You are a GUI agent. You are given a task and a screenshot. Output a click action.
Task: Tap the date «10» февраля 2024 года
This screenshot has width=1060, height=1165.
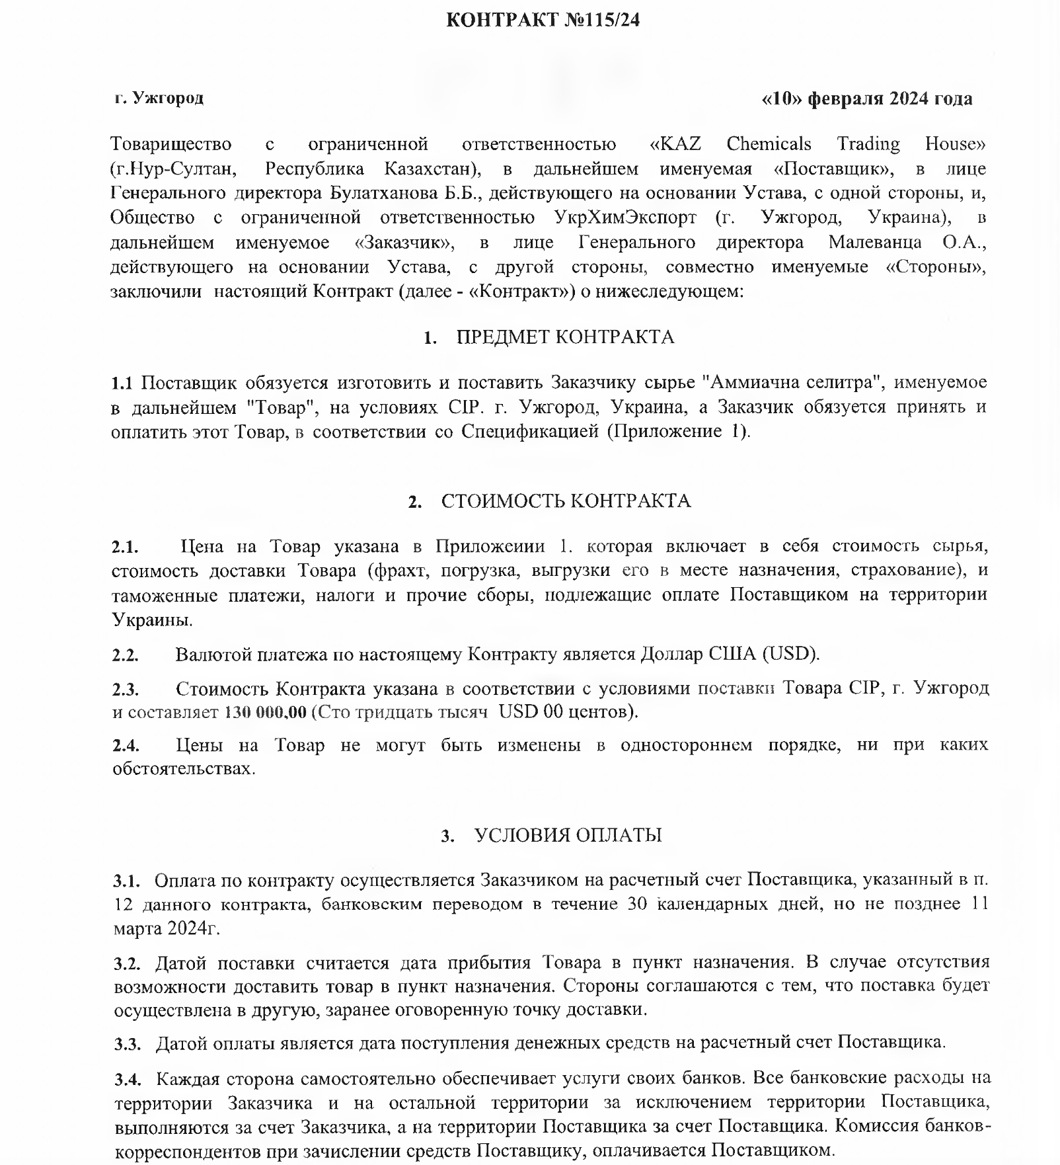(x=867, y=99)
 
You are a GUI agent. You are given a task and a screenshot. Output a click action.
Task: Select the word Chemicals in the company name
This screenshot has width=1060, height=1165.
(x=769, y=144)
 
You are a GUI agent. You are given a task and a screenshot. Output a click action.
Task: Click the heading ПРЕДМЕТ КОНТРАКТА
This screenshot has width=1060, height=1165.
(x=565, y=337)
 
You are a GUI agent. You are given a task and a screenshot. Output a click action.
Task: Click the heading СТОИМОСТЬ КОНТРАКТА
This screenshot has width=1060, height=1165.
(x=566, y=501)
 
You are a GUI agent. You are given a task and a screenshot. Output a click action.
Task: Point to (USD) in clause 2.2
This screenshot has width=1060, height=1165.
(x=790, y=655)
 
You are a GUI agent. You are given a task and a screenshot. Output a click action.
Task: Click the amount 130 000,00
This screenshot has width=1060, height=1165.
(x=266, y=713)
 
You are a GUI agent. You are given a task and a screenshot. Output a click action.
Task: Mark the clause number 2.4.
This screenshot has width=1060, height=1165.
(x=126, y=746)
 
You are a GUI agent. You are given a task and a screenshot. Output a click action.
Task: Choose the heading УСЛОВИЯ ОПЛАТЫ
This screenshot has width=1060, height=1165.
(x=568, y=835)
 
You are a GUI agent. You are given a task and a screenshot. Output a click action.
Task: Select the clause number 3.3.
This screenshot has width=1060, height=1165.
(x=128, y=1044)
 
